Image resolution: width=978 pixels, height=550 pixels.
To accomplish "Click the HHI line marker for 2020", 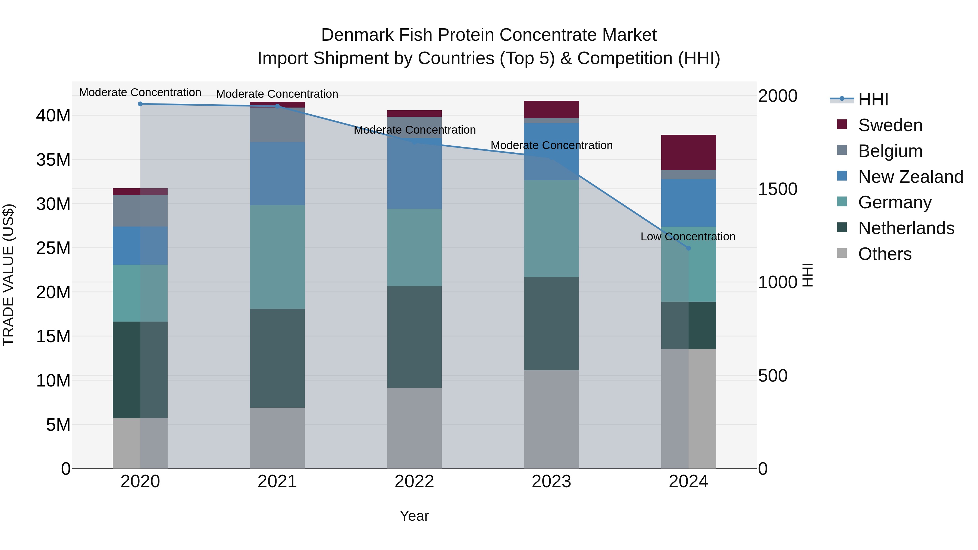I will (140, 104).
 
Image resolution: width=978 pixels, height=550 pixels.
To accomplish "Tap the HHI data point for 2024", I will (688, 248).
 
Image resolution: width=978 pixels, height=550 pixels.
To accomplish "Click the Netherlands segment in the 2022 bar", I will (414, 337).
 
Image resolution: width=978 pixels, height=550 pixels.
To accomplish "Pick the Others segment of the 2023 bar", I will (551, 419).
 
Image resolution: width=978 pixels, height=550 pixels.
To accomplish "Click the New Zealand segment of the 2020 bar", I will (140, 246).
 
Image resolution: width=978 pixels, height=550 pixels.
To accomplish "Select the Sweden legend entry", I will (890, 125).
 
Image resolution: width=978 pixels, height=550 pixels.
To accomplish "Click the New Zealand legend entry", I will (910, 177).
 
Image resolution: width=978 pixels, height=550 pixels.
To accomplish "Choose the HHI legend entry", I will (873, 99).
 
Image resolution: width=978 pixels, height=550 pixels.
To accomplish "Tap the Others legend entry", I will (885, 254).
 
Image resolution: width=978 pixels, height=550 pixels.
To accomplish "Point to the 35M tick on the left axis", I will (53, 160).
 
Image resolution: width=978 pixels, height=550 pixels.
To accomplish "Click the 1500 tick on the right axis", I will (778, 189).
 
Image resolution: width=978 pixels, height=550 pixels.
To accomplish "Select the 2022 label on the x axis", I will (414, 482).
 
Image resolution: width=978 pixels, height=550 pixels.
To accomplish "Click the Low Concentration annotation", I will (688, 237).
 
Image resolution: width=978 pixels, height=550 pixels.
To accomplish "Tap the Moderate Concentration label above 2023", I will (551, 145).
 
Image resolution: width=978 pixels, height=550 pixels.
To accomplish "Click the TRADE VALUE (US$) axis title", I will (8, 275).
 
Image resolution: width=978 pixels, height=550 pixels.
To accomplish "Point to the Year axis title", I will (414, 516).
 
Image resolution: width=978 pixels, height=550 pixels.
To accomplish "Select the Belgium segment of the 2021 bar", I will (277, 125).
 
